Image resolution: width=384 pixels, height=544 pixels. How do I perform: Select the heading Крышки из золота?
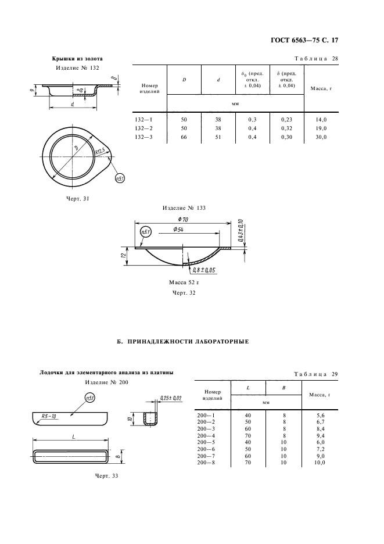[77, 59]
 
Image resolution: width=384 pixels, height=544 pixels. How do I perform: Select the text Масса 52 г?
[184, 282]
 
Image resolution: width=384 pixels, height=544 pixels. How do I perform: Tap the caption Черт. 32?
[184, 293]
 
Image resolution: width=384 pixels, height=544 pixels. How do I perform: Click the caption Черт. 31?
[77, 199]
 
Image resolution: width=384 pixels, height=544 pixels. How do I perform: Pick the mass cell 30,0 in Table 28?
[321, 137]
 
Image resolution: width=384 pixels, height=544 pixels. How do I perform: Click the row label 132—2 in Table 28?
[143, 128]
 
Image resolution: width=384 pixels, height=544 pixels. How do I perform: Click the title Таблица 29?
[316, 374]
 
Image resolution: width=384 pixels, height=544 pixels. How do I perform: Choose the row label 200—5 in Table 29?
[206, 442]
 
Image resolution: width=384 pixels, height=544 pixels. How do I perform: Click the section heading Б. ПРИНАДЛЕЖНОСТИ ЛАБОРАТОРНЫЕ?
[182, 341]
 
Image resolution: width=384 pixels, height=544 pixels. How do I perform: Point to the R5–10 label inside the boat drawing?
[50, 416]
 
